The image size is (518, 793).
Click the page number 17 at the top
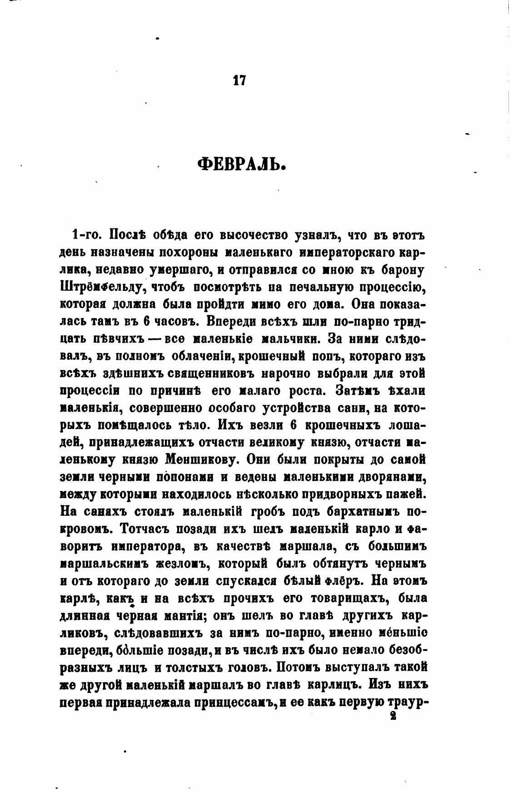[x=239, y=80]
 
